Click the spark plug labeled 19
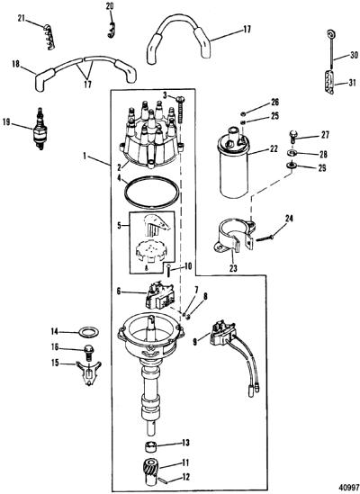click(40, 129)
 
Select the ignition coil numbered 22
click(234, 162)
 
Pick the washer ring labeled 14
click(88, 332)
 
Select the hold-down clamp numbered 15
click(89, 373)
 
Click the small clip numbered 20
click(111, 31)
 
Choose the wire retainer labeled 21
click(50, 37)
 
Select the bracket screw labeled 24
click(265, 238)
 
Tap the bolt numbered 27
click(292, 139)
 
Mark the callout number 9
click(195, 342)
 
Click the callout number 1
click(85, 156)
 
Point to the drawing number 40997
click(349, 487)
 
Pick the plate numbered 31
click(329, 82)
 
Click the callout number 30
click(354, 55)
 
